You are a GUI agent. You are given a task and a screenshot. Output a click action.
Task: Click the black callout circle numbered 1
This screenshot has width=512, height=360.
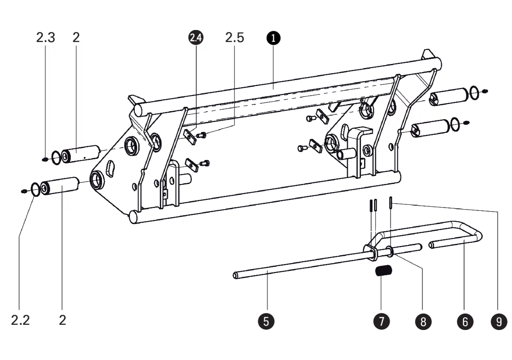[x=273, y=38]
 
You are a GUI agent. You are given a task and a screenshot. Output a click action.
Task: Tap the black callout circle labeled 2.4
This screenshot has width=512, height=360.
[x=196, y=38]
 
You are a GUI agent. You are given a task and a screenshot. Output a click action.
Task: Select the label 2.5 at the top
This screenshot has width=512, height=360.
[x=234, y=38]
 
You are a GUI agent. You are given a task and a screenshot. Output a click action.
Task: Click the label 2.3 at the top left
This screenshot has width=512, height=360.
[x=46, y=38]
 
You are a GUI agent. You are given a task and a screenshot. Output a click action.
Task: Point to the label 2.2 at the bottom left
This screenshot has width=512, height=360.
[x=20, y=320]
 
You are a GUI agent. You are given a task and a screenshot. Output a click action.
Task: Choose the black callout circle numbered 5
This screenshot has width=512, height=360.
[x=266, y=321]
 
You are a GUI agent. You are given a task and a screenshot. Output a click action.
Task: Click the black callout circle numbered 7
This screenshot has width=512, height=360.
[x=382, y=321]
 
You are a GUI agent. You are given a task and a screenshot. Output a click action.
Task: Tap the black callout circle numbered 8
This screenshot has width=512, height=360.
[x=423, y=322]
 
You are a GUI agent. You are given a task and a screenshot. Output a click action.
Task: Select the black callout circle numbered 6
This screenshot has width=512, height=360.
[x=465, y=322]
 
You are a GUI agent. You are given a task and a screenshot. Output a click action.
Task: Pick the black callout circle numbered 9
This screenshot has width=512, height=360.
[x=499, y=322]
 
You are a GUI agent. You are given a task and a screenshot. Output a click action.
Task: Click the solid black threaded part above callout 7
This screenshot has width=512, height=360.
[x=384, y=271]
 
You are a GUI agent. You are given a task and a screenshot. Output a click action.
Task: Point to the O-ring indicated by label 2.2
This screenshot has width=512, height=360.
[x=32, y=190]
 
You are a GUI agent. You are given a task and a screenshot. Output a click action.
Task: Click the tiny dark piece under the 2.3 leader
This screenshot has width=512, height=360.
[x=45, y=160]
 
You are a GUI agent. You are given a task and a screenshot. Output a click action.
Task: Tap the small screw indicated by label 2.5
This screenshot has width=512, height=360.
[x=202, y=135]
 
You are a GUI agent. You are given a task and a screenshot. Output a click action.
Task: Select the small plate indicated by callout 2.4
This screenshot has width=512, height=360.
[x=190, y=137]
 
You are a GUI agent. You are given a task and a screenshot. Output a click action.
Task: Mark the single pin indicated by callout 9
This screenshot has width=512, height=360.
[x=391, y=202]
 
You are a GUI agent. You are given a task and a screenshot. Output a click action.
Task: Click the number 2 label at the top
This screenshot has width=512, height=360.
[x=76, y=38]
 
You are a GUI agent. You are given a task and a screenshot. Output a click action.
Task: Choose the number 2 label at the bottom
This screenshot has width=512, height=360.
[x=62, y=320]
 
